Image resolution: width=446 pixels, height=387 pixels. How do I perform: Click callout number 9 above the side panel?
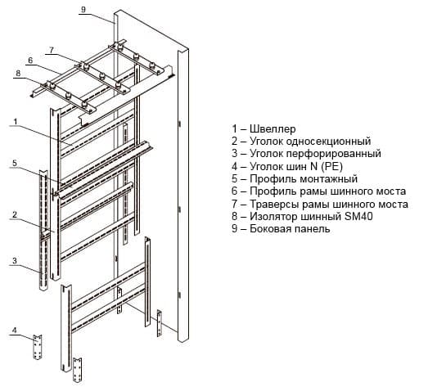tap(83, 9)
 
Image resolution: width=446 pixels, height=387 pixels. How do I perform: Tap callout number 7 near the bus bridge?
tap(52, 50)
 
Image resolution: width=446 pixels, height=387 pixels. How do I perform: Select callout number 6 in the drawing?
tap(30, 61)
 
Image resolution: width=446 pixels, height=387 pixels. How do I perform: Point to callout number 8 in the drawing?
tap(18, 74)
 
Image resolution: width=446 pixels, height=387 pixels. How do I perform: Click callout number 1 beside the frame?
tap(16, 122)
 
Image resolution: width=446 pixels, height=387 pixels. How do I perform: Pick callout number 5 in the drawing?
tap(15, 163)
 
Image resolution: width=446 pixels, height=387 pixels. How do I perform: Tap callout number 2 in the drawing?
tap(15, 214)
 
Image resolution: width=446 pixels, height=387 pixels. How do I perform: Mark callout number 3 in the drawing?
tap(15, 261)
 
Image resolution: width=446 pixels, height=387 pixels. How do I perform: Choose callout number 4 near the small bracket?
tap(14, 331)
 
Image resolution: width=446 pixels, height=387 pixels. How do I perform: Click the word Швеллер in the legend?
tap(273, 129)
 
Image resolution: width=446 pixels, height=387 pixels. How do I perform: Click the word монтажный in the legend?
tap(328, 179)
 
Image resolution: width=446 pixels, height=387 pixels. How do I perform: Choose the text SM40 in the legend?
tap(358, 216)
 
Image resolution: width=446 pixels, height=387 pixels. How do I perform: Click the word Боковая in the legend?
tap(271, 228)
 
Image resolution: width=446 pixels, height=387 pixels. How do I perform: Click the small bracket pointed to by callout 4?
tap(38, 347)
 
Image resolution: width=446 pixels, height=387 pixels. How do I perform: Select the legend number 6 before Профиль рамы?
tap(234, 191)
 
